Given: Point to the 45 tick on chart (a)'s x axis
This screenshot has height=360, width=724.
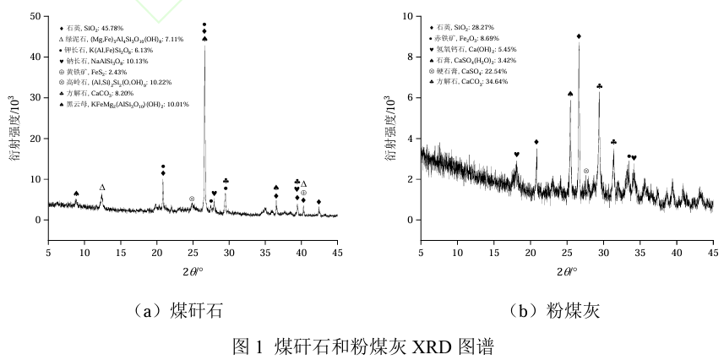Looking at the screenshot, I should click(337, 251).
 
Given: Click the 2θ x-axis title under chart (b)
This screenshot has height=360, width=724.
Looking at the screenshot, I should click(567, 271).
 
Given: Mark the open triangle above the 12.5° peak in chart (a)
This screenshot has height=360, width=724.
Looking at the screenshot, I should click(102, 188).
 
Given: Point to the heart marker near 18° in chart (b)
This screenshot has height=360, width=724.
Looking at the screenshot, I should click(516, 155).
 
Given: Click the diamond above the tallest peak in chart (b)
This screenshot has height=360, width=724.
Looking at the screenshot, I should click(579, 36).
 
